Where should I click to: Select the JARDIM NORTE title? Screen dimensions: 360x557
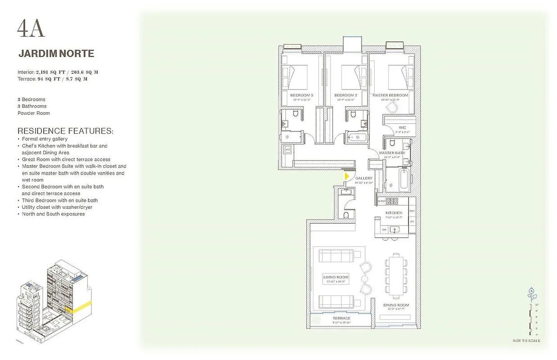tap(56, 54)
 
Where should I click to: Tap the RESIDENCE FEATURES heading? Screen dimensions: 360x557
tap(65, 131)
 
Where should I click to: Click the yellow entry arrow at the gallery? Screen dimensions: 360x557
tap(346, 176)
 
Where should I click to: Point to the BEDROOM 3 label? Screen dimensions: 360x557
tap(302, 95)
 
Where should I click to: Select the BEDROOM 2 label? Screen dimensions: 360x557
tap(346, 95)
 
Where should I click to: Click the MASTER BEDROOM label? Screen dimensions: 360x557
tap(390, 95)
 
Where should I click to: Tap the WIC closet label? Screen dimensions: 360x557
tap(403, 128)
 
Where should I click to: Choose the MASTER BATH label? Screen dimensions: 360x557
tap(392, 153)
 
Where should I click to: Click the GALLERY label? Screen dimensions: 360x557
tap(364, 179)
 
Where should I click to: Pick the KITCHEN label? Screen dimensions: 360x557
tap(394, 213)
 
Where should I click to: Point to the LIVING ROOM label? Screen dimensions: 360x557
tap(336, 277)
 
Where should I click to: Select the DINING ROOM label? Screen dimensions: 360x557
tap(396, 306)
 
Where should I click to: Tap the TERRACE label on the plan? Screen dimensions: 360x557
tap(341, 318)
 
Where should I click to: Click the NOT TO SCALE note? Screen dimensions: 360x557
tap(526, 341)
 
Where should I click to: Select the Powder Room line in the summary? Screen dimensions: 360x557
tap(34, 113)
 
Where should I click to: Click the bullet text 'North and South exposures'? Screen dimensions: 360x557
tap(53, 214)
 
